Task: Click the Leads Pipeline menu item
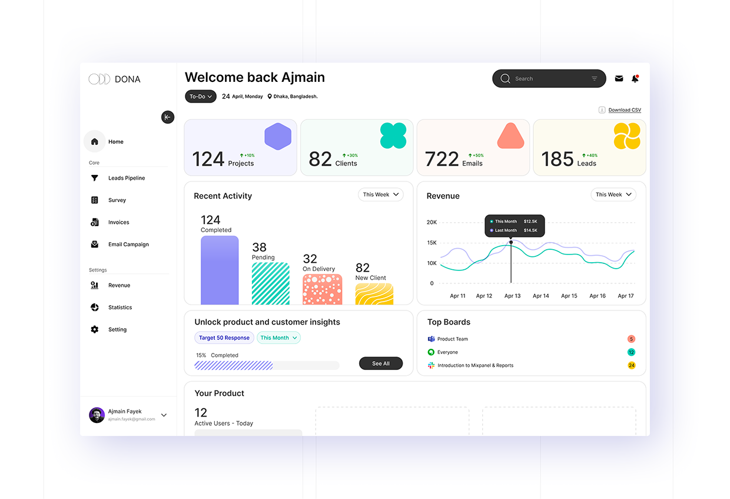point(126,178)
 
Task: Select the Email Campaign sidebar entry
point(128,244)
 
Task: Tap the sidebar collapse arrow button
point(168,117)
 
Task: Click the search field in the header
point(548,79)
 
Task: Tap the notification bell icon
point(635,79)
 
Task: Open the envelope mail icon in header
point(619,78)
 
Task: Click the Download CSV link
point(624,110)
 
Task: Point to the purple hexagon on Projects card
point(278,137)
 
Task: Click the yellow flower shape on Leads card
point(626,136)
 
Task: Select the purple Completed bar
point(220,270)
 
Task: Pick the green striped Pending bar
point(270,283)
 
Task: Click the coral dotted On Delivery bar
point(322,289)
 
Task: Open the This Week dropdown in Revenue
point(613,194)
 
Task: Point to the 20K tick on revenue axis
point(432,222)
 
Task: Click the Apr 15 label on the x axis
point(569,296)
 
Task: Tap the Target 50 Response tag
point(224,338)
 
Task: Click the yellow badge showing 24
point(631,365)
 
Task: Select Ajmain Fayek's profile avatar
point(97,415)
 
